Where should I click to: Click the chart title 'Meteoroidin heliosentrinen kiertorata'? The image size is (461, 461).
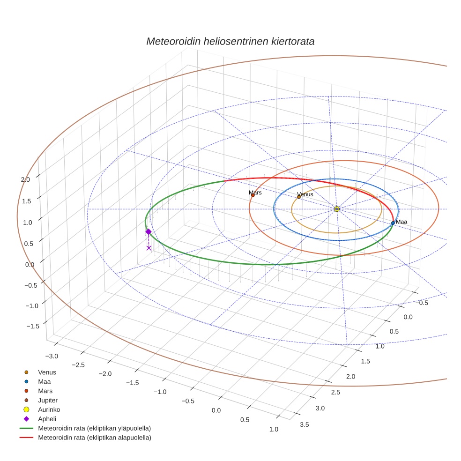230,41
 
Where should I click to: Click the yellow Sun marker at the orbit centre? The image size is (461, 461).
337,208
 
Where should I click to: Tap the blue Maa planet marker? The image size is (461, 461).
393,223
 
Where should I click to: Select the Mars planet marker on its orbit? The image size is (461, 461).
253,195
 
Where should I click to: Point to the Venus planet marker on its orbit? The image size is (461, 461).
298,197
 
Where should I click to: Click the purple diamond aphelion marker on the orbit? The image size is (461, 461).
149,231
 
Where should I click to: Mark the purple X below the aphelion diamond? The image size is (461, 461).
149,248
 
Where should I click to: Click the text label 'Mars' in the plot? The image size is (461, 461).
255,193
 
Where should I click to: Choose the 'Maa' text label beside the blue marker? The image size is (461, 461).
402,222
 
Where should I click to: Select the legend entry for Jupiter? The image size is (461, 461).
48,400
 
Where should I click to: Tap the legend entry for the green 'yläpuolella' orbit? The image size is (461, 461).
94,428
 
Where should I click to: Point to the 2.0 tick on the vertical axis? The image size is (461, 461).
25,179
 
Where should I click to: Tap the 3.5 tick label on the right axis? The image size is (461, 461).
304,424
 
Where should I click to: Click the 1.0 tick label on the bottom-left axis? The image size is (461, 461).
274,429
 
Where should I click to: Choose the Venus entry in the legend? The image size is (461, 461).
47,372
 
